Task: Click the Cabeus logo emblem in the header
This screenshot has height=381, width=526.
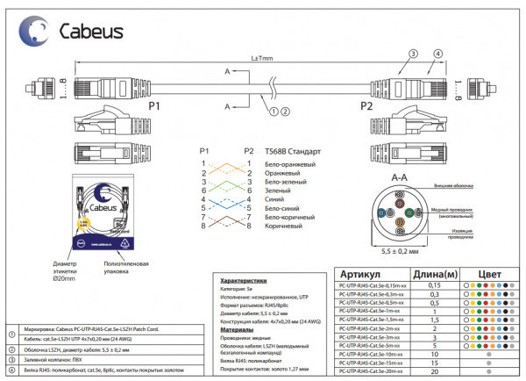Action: point(36,32)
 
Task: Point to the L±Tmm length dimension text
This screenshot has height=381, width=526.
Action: point(261,58)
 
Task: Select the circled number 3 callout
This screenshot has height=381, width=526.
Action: point(411,54)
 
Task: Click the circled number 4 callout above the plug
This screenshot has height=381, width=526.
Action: point(435,54)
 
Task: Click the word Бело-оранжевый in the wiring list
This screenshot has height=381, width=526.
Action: point(290,164)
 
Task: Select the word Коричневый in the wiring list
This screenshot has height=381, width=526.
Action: point(283,226)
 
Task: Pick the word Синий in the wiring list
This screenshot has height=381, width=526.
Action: point(274,199)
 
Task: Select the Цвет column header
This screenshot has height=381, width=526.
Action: point(489,274)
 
